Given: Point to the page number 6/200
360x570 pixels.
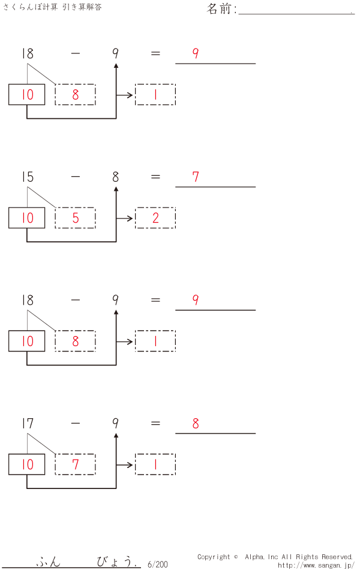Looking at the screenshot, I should click(157, 564).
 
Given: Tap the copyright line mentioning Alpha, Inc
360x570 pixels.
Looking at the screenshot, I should click(275, 557).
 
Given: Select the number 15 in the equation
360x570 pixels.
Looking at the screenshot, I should click(27, 177).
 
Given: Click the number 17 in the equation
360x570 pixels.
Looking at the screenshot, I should click(27, 424).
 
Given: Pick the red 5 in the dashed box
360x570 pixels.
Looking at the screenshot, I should click(76, 218).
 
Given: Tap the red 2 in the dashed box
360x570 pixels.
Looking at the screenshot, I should click(155, 218).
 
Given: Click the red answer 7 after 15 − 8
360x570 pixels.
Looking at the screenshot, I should click(196, 177).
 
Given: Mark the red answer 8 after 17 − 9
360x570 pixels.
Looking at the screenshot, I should click(196, 424).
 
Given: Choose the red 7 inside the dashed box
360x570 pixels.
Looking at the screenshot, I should click(76, 464).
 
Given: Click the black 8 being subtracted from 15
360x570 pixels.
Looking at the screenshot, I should click(115, 177).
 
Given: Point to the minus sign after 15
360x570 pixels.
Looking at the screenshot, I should click(75, 177).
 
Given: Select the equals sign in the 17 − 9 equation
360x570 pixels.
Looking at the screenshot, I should click(155, 424).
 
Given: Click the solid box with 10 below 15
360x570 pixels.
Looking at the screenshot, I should click(27, 218).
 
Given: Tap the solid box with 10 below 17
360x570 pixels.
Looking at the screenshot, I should click(27, 464).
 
